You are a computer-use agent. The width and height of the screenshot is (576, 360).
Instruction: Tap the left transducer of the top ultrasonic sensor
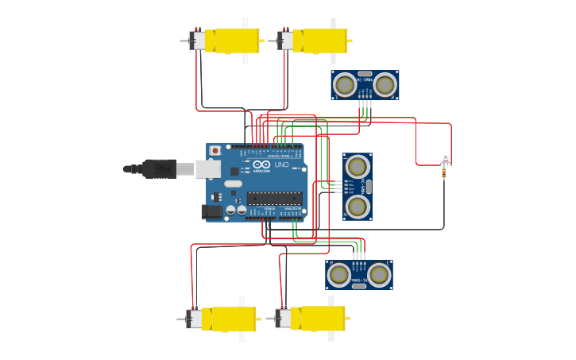pyautogui.click(x=345, y=83)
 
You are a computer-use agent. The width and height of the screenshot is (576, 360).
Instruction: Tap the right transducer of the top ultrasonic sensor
pyautogui.click(x=385, y=83)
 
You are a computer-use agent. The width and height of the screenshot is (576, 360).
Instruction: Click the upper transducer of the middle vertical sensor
pyautogui.click(x=358, y=166)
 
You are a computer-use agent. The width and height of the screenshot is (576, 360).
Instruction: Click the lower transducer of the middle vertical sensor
pyautogui.click(x=358, y=207)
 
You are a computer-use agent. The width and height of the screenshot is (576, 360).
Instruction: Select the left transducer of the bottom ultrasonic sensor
pyautogui.click(x=338, y=274)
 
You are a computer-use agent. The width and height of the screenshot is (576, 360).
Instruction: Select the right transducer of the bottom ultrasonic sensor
pyautogui.click(x=379, y=274)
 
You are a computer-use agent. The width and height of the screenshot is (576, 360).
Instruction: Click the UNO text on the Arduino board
pyautogui.click(x=281, y=165)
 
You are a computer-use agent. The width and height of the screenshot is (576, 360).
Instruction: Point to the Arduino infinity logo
pyautogui.click(x=261, y=165)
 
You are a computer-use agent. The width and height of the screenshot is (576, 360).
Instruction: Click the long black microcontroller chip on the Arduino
pyautogui.click(x=274, y=198)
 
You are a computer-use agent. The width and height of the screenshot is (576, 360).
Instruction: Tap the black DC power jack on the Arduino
pyautogui.click(x=211, y=211)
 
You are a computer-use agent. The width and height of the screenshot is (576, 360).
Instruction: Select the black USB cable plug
pyautogui.click(x=160, y=168)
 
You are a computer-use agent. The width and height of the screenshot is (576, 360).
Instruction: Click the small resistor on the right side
pyautogui.click(x=443, y=172)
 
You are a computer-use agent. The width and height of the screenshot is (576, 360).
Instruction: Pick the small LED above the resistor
pyautogui.click(x=445, y=157)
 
